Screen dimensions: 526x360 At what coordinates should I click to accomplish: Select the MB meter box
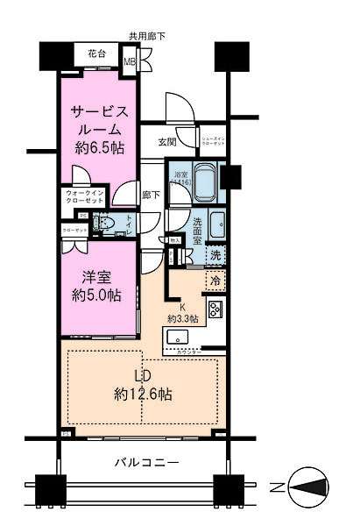130,62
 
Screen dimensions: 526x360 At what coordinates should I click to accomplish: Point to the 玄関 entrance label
166,141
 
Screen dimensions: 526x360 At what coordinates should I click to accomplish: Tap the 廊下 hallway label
152,195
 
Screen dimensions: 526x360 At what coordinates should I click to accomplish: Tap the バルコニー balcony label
146,462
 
